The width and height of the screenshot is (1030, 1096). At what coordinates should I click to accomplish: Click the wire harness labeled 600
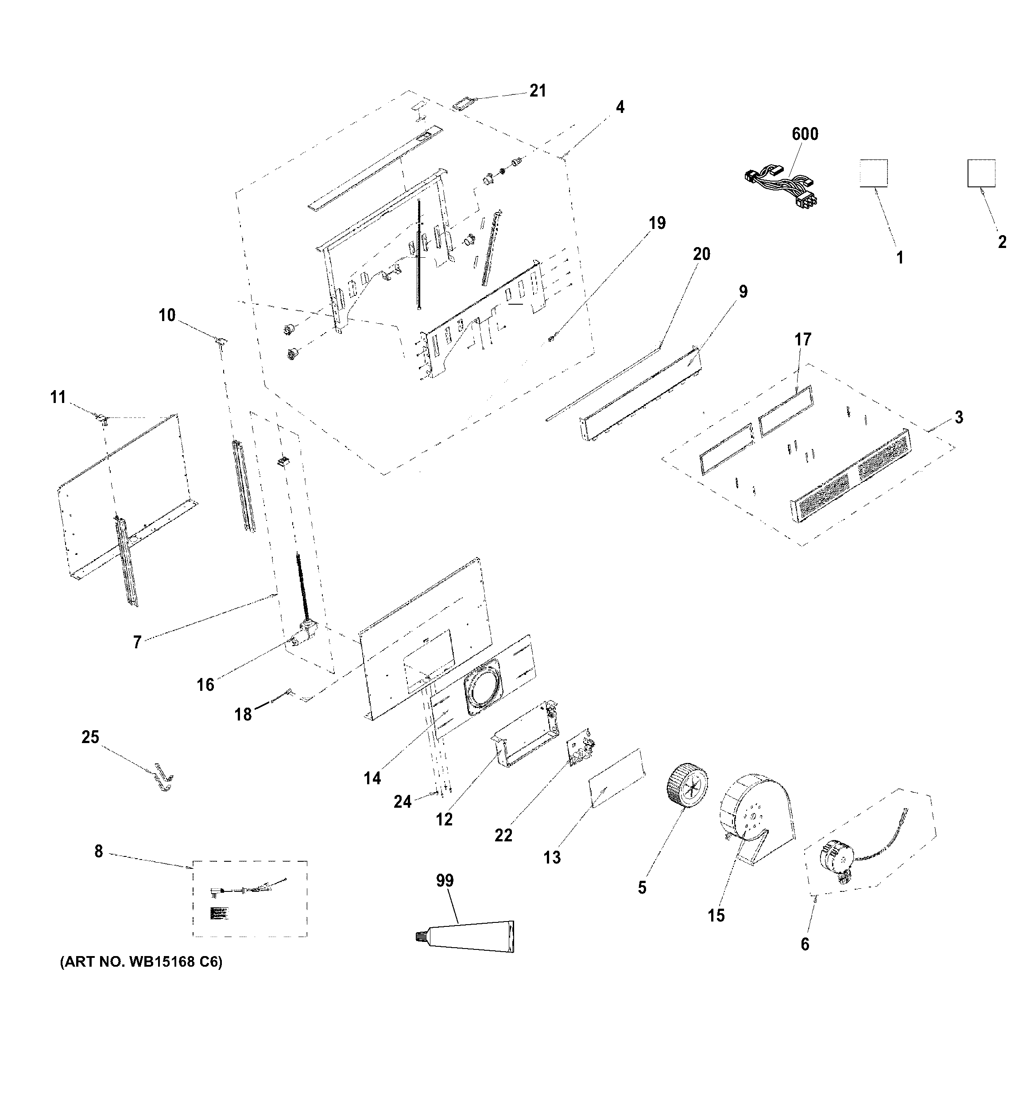[x=779, y=185]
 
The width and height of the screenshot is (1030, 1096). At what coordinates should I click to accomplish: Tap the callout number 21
[x=538, y=90]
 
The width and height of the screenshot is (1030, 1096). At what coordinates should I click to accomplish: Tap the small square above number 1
[x=873, y=173]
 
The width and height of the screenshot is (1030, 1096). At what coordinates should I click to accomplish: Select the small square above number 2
[x=981, y=173]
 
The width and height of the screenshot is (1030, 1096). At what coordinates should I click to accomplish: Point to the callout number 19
[x=657, y=223]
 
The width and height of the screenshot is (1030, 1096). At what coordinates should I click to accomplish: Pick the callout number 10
[x=167, y=315]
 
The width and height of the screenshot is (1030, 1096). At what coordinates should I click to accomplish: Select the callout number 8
[x=98, y=851]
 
